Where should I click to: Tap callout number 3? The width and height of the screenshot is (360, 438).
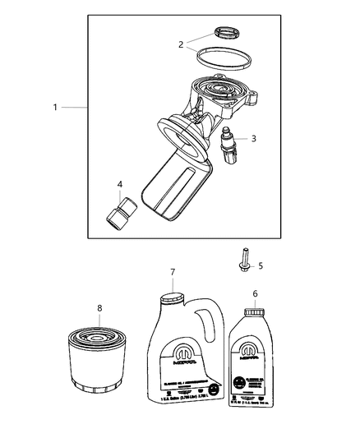point(253,138)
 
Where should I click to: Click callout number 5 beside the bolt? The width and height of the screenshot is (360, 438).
point(261,265)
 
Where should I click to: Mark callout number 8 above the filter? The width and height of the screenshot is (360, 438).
point(99,309)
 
